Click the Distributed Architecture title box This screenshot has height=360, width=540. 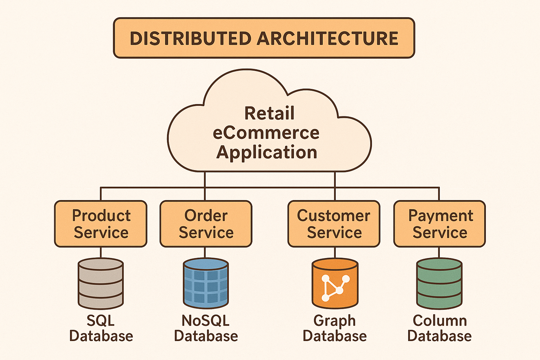click(x=264, y=38)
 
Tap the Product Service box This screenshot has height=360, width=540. click(x=101, y=224)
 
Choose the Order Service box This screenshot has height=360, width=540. click(x=206, y=224)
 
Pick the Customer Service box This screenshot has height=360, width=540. click(x=334, y=224)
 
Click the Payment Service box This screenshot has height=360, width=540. click(x=439, y=224)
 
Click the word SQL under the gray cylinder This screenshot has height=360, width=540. click(x=101, y=321)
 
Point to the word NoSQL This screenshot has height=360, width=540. click(x=206, y=321)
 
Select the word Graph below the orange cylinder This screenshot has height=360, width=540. click(x=335, y=321)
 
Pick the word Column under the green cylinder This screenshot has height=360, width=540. click(x=440, y=321)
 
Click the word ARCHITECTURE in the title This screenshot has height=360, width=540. click(x=328, y=38)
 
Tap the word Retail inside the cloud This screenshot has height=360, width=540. click(x=269, y=113)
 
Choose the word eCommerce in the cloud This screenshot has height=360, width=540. click(x=266, y=133)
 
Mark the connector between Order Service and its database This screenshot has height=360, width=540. click(x=205, y=253)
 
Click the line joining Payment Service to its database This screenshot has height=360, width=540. click(x=439, y=253)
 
